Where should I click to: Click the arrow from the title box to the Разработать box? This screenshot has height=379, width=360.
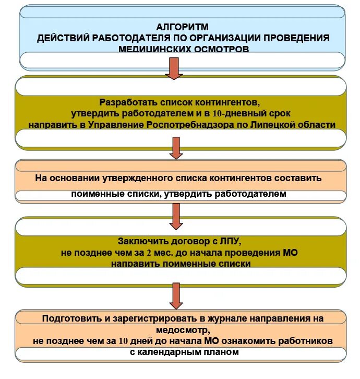[x=173, y=68]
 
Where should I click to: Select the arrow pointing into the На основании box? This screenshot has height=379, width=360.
[x=176, y=148]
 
